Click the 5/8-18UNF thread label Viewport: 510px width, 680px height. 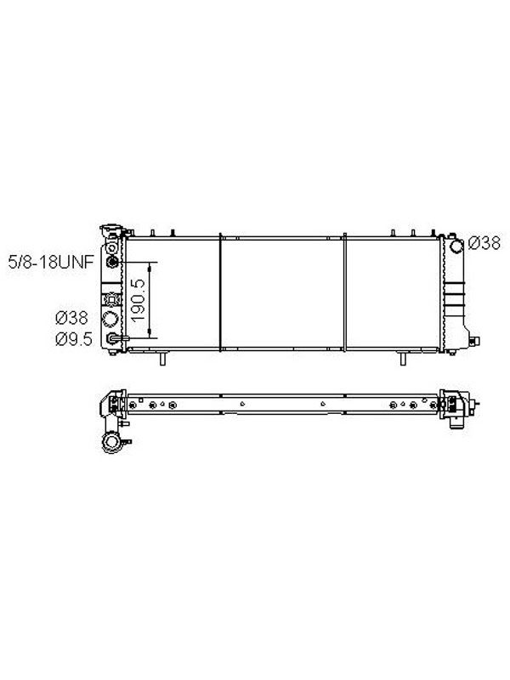click(x=51, y=262)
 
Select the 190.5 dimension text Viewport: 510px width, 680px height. click(x=139, y=300)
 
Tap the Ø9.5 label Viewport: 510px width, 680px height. click(x=74, y=339)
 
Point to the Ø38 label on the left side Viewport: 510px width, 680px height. click(x=71, y=318)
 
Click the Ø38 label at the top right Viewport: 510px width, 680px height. click(x=484, y=243)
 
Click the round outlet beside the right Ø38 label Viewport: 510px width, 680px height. click(x=456, y=246)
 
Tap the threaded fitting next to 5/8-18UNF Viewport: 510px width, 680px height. click(x=112, y=262)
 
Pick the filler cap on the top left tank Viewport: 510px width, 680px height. click(x=111, y=229)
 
